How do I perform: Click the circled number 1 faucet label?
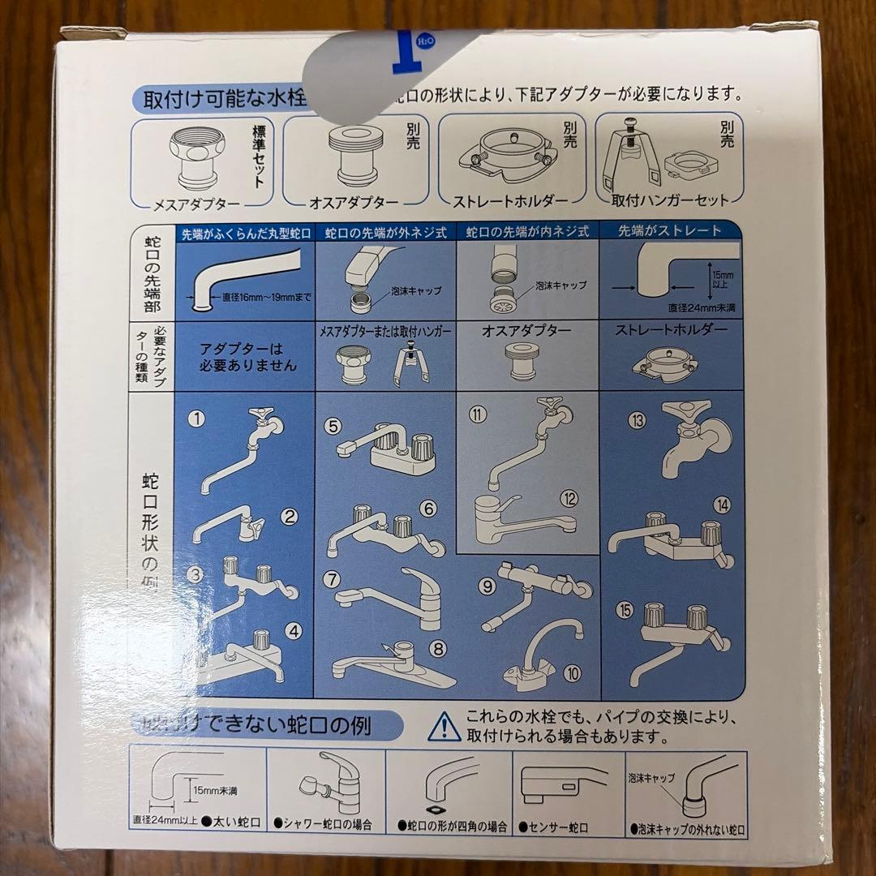point(195,419)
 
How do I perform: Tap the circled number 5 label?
point(332,426)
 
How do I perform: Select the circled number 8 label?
point(438,648)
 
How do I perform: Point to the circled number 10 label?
point(573,672)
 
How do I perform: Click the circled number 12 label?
point(569,499)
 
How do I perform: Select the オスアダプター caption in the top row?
point(354,204)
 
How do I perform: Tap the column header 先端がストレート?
point(670,231)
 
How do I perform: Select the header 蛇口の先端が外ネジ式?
point(386,232)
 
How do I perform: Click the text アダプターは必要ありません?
point(248,358)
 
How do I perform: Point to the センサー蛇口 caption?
point(556,827)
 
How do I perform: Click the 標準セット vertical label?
point(259,154)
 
